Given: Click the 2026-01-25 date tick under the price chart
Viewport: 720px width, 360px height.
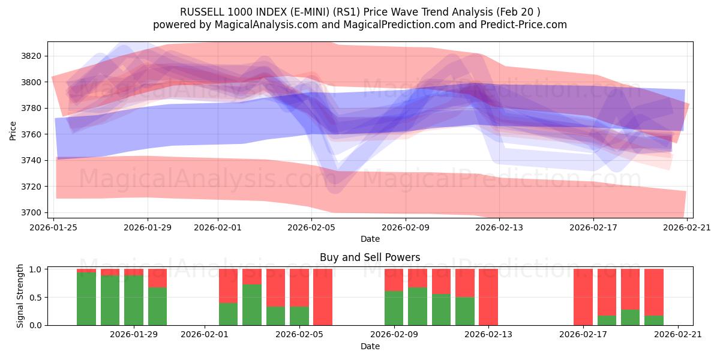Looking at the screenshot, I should (54, 227).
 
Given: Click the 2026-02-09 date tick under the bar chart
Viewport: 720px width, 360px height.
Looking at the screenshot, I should (394, 335).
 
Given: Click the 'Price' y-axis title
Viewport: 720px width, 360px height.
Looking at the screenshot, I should (13, 130).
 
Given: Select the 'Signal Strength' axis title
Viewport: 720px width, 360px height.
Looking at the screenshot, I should (20, 297).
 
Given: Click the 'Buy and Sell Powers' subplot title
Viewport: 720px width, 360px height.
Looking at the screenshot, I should (370, 257).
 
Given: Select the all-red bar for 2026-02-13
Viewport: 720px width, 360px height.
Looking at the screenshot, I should (488, 297).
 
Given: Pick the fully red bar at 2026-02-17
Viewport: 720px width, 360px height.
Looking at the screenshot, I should (583, 297).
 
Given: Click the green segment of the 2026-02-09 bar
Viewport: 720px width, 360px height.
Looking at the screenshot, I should (394, 308).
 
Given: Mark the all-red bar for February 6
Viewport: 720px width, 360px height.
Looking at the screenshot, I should (323, 297).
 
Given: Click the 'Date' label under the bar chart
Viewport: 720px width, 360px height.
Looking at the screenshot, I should (370, 346).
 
